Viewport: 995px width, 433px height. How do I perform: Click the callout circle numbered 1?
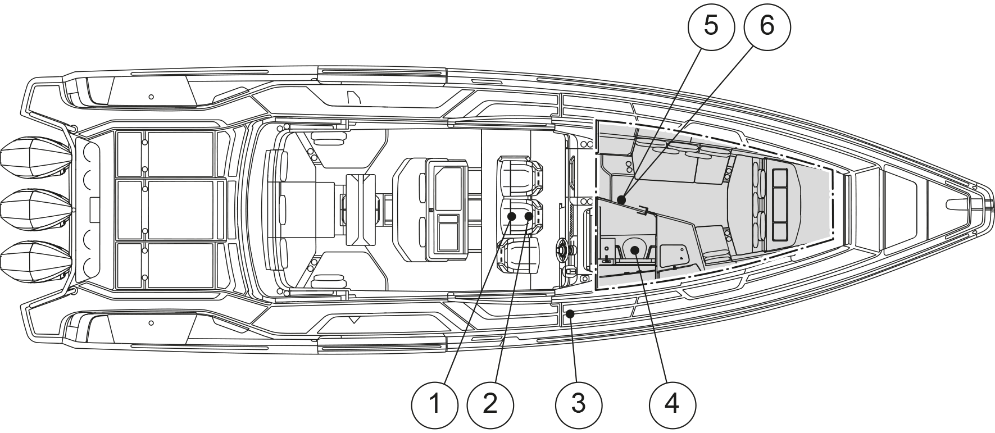coord(434,404)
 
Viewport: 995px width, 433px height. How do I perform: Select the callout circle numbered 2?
coord(490,404)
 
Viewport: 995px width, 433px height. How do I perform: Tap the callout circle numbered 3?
coord(579,404)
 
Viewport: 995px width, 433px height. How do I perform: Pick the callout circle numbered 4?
coord(673,404)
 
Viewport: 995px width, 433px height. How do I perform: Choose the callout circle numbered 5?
coord(711,25)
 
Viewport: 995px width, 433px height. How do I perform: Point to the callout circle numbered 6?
coord(767,25)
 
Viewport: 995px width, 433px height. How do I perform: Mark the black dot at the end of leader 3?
coord(570,315)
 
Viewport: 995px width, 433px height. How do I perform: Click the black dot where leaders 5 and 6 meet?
coord(621,199)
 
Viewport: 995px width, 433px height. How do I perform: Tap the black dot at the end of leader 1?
coord(512,216)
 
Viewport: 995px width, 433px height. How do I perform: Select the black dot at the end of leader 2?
coord(528,216)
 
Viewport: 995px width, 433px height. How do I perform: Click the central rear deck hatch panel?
coord(180,210)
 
